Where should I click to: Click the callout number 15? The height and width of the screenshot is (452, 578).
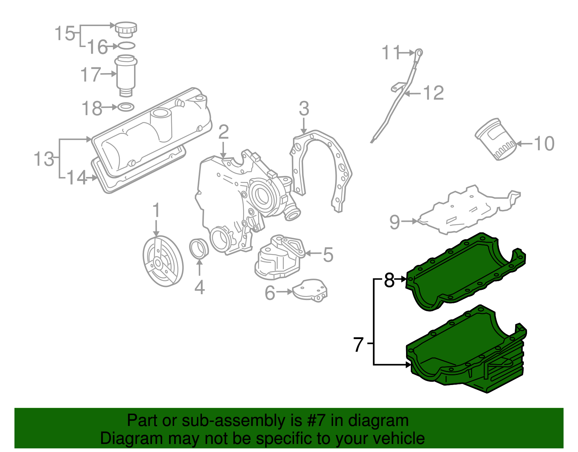(x=65, y=34)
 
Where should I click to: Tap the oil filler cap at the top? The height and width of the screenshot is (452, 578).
(x=126, y=29)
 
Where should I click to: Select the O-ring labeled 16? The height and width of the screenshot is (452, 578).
(x=126, y=46)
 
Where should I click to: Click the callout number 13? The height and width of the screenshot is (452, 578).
(x=44, y=159)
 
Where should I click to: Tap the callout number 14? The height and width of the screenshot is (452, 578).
(x=77, y=178)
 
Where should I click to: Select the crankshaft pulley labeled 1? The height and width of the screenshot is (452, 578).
(x=163, y=261)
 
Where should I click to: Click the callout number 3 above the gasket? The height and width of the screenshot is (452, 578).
(x=304, y=109)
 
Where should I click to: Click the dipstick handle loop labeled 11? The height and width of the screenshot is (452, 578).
(x=419, y=53)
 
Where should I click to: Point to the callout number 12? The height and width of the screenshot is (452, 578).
(x=433, y=93)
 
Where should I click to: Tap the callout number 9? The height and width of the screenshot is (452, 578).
(x=394, y=222)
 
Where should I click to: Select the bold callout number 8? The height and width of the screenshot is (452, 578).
(x=389, y=280)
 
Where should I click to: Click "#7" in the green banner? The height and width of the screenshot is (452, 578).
(x=316, y=421)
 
